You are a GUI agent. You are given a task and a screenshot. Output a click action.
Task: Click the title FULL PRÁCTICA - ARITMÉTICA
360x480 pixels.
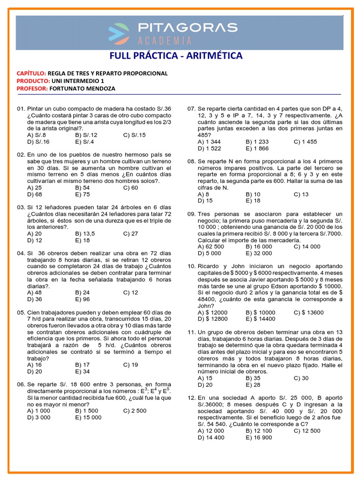point(176,56)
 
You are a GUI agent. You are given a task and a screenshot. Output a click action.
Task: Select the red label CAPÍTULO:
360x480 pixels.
point(31,74)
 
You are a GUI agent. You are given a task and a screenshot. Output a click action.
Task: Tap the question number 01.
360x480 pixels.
point(21,109)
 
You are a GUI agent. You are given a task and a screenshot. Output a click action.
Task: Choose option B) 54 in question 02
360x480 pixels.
point(82,187)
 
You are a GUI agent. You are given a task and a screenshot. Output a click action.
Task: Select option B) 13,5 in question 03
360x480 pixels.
point(86,233)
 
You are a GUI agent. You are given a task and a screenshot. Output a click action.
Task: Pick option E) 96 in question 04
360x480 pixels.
point(82,299)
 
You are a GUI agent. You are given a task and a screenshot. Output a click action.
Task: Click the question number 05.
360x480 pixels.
point(21,312)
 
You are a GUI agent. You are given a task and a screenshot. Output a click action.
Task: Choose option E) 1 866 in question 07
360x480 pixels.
point(257,148)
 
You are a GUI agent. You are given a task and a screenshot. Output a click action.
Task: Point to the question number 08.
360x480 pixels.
point(191,161)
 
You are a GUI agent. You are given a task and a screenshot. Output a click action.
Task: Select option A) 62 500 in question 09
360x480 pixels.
point(211,247)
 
